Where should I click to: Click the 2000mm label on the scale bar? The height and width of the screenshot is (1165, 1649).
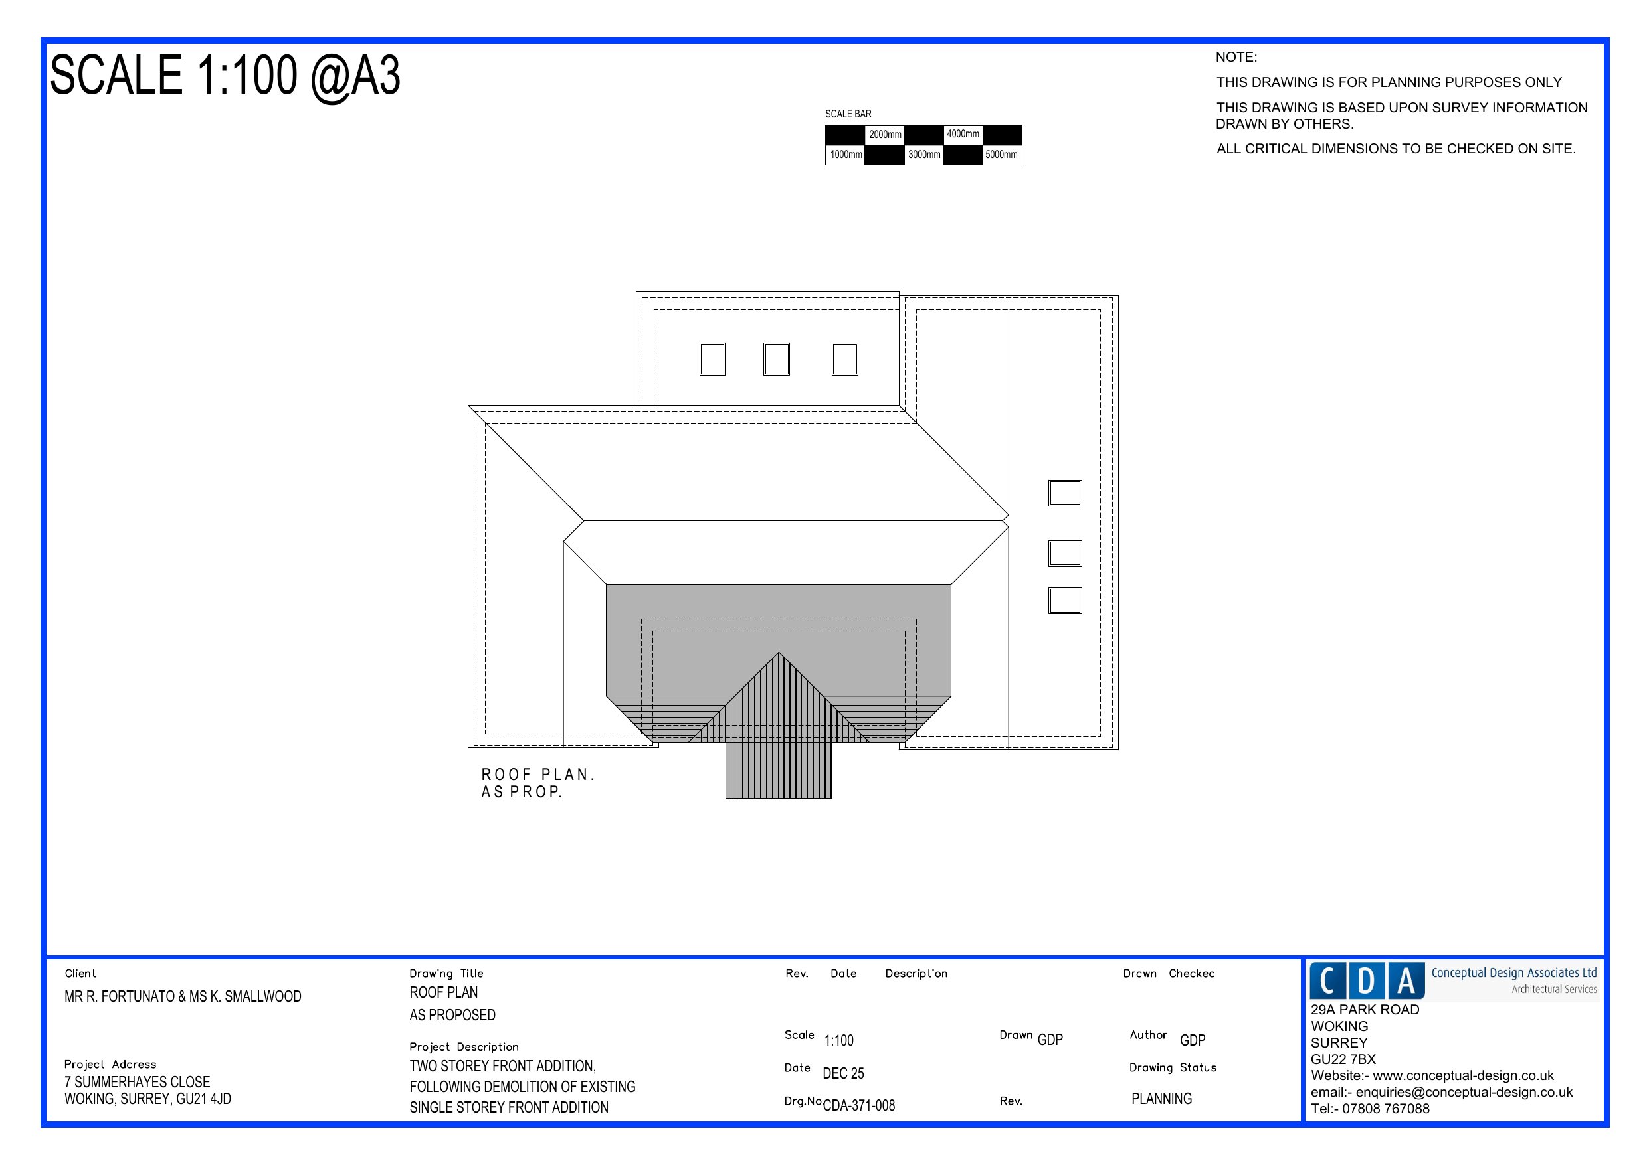pos(885,135)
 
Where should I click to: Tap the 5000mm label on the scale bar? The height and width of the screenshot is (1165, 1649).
pos(1001,154)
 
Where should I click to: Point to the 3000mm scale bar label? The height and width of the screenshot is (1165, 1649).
pos(923,154)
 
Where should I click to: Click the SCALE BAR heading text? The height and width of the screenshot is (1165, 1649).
pos(848,114)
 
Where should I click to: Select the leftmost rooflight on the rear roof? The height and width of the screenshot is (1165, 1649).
pos(712,359)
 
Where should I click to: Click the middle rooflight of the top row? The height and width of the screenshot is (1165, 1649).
pos(777,359)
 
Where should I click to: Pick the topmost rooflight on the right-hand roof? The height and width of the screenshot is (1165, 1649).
pos(1064,493)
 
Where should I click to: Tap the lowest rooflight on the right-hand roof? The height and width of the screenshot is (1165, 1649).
pos(1064,601)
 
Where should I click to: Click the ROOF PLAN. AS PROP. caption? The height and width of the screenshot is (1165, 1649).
pos(538,783)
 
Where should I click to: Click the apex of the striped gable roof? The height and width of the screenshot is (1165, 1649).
pos(779,653)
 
